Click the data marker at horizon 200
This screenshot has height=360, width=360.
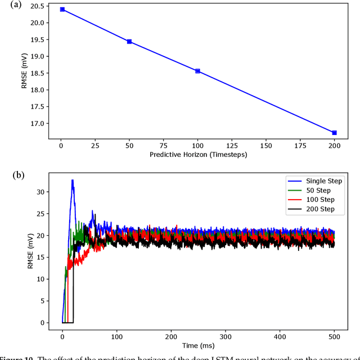[x=334, y=133]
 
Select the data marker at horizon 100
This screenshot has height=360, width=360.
[x=197, y=71]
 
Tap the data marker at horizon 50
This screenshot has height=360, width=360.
[x=129, y=42]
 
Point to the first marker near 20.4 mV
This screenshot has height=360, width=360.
[x=62, y=10]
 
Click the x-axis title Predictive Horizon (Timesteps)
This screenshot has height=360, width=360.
[x=198, y=154]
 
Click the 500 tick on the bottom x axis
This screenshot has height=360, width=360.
[x=335, y=333]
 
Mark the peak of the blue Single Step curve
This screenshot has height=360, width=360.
[x=73, y=181]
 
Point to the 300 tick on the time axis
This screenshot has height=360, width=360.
[x=226, y=333]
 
